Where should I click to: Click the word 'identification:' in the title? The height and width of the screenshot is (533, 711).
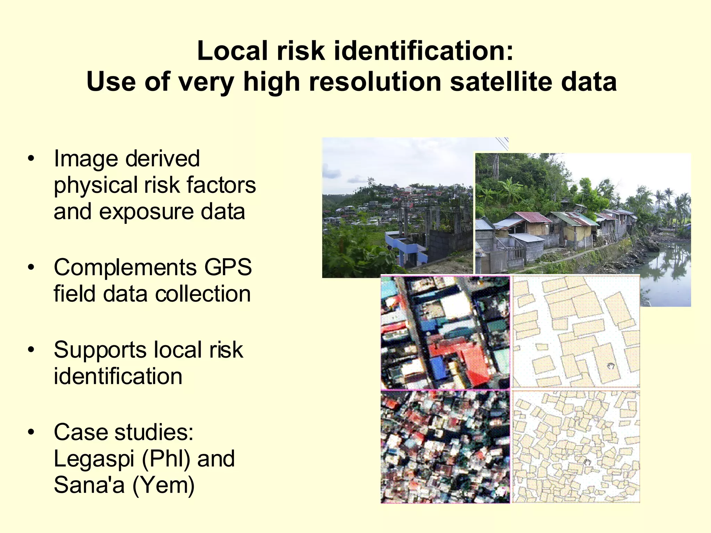(x=424, y=51)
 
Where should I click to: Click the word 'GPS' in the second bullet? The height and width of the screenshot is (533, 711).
(x=228, y=268)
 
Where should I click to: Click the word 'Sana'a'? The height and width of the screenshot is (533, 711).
(x=89, y=485)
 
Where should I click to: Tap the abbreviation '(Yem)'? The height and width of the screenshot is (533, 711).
(x=164, y=485)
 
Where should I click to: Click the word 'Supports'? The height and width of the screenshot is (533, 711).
(x=100, y=350)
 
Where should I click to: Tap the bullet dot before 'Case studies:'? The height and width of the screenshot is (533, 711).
(x=31, y=432)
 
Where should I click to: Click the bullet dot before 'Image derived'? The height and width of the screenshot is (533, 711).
(x=31, y=159)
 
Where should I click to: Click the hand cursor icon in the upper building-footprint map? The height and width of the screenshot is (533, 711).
(x=611, y=366)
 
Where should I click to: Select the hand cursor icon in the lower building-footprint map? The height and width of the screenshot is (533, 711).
(x=587, y=462)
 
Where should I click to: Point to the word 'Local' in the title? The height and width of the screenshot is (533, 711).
(x=232, y=51)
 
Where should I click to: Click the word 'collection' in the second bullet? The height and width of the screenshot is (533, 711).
(x=203, y=294)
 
